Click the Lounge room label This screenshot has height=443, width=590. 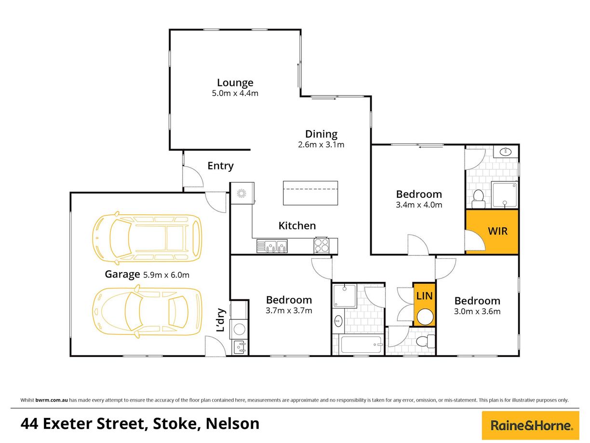pos(235,83)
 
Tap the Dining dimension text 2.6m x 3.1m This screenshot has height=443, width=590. pos(321,145)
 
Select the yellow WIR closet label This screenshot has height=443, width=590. pos(497,231)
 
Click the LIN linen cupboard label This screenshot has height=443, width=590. pos(424,296)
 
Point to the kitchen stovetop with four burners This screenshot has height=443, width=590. pos(321,246)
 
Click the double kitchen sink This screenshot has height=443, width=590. pos(272,246)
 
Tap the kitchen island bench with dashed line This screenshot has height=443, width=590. pos(310,193)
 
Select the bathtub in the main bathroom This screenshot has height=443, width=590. pos(360,345)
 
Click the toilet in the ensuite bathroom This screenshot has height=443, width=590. pos(478,199)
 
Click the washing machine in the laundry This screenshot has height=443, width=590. pos(239,329)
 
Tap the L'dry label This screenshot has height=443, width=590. pos(220,320)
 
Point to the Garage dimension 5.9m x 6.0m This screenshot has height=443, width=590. pos(166,275)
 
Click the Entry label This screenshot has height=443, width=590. pos(220,166)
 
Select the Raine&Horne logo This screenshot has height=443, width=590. pos(530,425)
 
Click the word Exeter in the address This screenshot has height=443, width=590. pos(67,424)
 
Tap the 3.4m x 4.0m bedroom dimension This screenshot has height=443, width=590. pos(419,205)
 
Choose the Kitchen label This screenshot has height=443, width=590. pos(297,226)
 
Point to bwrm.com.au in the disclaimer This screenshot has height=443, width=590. pos(52,400)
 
